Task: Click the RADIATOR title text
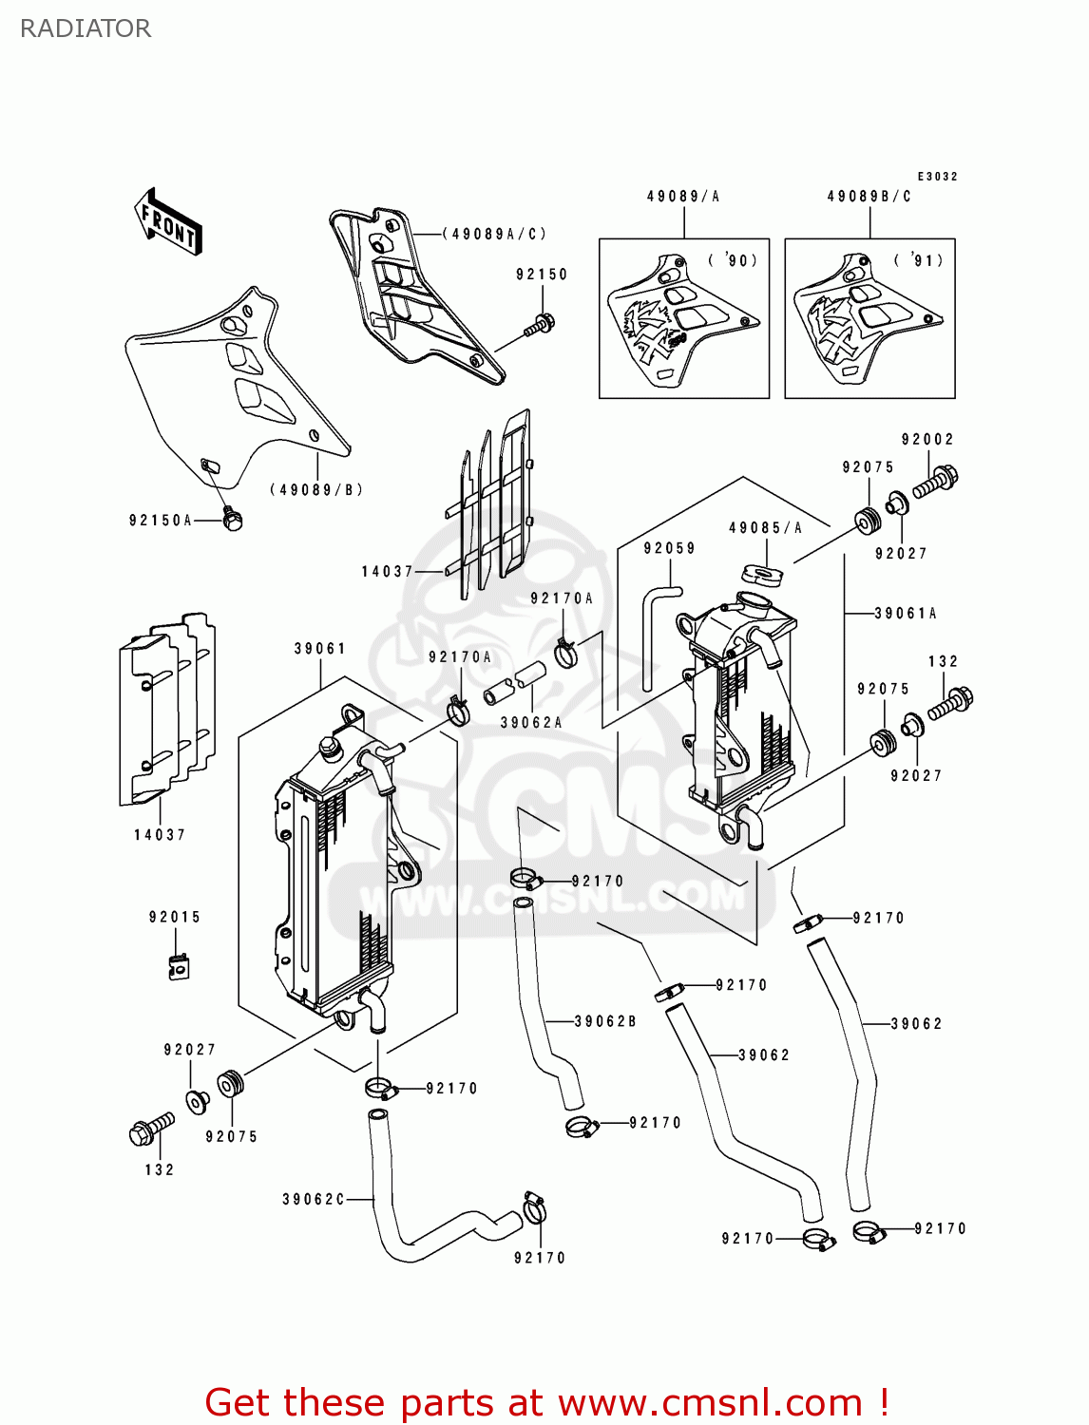point(86,28)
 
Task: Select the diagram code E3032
point(937,177)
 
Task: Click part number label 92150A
point(161,521)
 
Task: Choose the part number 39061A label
point(905,614)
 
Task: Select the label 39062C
point(314,1200)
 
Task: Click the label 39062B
point(605,1022)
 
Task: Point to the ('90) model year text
point(733,260)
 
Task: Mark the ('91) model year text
point(918,260)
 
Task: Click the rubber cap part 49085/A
point(762,574)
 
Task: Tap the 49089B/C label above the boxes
point(869,197)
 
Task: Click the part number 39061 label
point(319,649)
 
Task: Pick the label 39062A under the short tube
point(531,723)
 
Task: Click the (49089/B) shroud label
point(316,490)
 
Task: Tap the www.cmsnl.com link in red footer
point(709,1403)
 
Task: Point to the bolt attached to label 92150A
point(232,519)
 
